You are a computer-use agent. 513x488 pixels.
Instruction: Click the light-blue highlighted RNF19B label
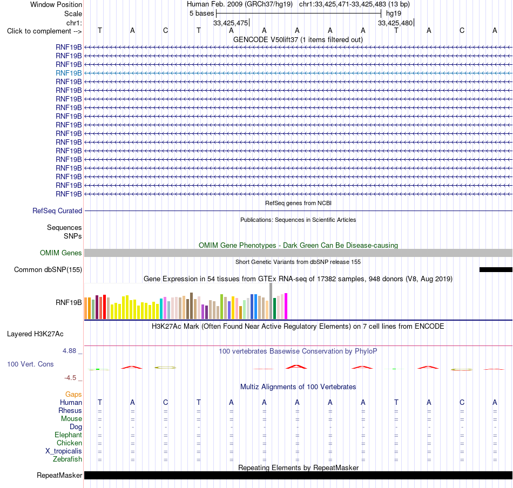click(69, 73)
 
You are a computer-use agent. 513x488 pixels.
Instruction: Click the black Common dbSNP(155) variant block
click(496, 269)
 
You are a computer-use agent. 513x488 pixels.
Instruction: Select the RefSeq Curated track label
click(57, 211)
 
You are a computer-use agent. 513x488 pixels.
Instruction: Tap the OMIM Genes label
click(61, 253)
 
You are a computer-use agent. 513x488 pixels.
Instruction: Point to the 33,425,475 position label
click(231, 23)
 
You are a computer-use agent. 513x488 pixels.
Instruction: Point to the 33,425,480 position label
click(395, 23)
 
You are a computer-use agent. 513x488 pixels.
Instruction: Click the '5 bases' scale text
click(201, 13)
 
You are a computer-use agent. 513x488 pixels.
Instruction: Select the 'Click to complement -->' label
click(44, 31)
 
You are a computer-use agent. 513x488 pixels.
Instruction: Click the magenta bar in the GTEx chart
click(286, 306)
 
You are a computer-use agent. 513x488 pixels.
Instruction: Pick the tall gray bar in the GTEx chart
click(271, 301)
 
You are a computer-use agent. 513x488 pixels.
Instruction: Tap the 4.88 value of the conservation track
click(69, 351)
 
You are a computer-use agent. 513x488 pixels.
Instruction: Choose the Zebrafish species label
click(67, 459)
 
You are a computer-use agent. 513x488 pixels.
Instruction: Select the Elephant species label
click(68, 435)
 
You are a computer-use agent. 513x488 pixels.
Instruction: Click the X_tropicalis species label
click(64, 451)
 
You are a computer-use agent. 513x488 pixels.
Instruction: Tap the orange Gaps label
click(73, 394)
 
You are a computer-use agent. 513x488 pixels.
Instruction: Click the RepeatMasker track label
click(59, 475)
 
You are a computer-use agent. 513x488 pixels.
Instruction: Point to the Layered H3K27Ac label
click(35, 334)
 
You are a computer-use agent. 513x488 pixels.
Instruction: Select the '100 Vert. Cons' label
click(30, 364)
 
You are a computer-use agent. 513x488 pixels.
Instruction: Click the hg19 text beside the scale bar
click(394, 13)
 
